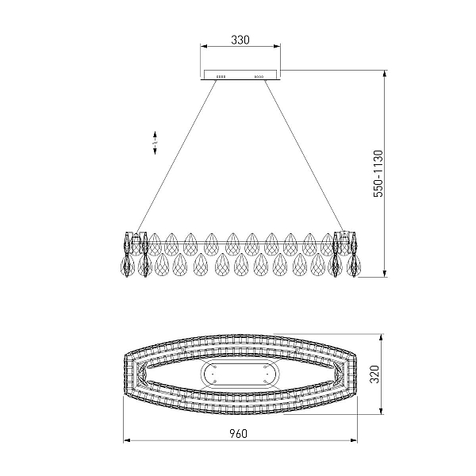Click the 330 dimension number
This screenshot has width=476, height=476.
click(x=240, y=40)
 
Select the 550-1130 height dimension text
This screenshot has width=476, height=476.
click(x=378, y=173)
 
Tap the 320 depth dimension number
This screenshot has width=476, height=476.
click(x=375, y=374)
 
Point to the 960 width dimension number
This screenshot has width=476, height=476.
click(x=238, y=433)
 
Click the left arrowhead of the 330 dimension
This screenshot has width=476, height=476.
click(x=203, y=46)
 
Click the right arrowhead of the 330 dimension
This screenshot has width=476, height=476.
click(x=277, y=46)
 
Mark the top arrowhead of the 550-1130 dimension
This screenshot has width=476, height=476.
click(x=385, y=74)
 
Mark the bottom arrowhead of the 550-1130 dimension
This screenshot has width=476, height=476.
click(x=385, y=273)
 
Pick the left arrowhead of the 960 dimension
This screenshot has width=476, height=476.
click(x=127, y=440)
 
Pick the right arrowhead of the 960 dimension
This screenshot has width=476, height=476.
click(x=353, y=440)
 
